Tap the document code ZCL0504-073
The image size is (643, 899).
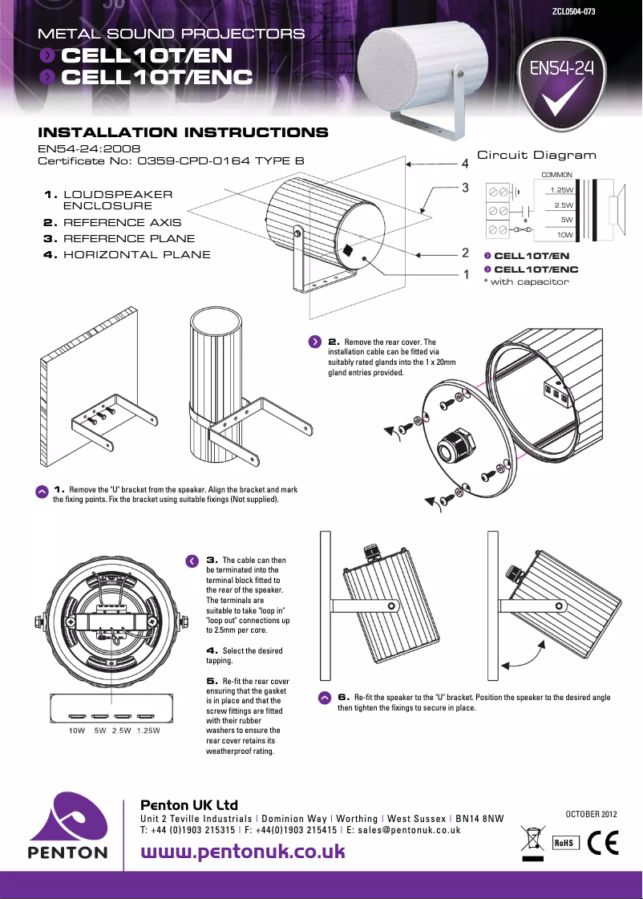tap(573, 12)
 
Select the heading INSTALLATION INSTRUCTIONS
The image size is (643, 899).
tap(183, 132)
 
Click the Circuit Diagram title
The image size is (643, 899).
tap(536, 155)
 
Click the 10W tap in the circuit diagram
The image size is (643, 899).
tap(564, 234)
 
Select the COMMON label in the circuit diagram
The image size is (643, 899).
tap(556, 174)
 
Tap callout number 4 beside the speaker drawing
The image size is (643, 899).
tap(464, 164)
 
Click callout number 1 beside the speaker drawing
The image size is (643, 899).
tap(464, 274)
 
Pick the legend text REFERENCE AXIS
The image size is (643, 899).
tap(122, 222)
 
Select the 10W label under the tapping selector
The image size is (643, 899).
tap(77, 731)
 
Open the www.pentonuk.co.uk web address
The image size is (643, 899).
tap(243, 851)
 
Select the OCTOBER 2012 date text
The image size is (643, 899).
tap(592, 814)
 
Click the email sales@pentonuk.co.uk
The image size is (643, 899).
tap(409, 830)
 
